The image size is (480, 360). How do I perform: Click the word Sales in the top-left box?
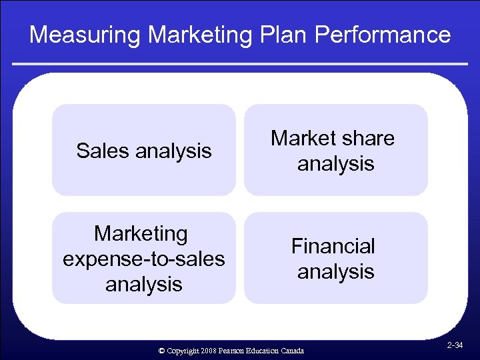pos(103,151)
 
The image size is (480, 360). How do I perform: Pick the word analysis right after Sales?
pos(173,151)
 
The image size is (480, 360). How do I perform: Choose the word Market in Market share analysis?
pos(304,139)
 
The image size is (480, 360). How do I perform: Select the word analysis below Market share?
pos(335,163)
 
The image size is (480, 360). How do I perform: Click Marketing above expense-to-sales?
pos(141,234)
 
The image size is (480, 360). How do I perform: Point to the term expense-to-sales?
pos(144,259)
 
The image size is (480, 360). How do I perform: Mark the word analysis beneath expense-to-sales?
pos(144,284)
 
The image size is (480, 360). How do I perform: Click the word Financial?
pos(333,247)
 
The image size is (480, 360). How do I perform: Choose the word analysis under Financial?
pos(335,271)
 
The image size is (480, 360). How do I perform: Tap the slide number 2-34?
pos(455,345)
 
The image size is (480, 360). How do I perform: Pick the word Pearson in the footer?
pos(229,351)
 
